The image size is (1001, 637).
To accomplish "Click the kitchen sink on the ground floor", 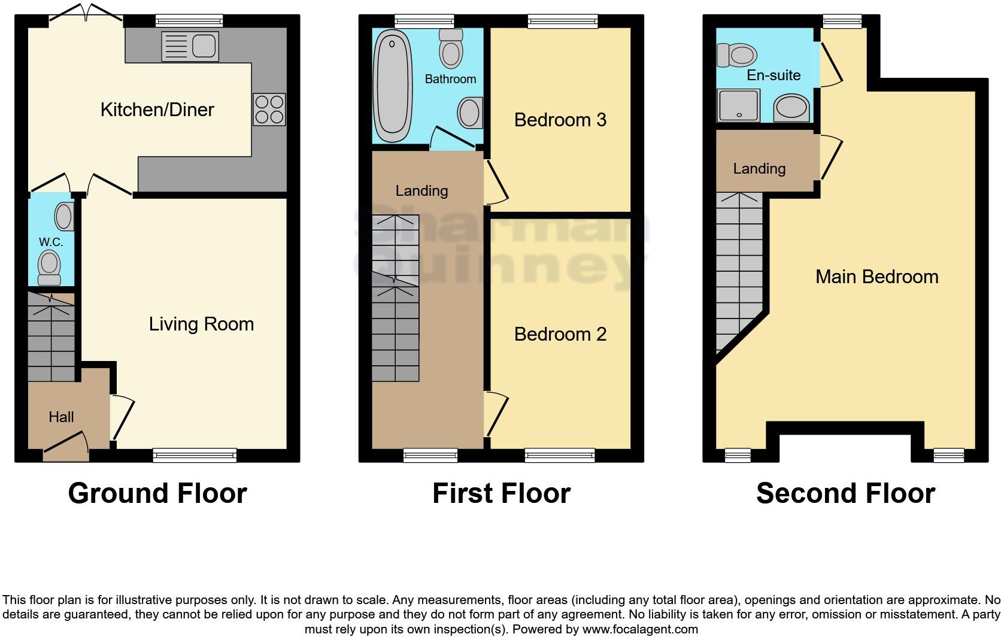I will pyautogui.click(x=190, y=46).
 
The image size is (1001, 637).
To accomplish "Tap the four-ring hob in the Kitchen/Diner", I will pyautogui.click(x=269, y=110).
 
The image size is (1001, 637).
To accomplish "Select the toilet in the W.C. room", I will pyautogui.click(x=49, y=268).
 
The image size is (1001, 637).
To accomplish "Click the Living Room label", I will pyautogui.click(x=201, y=324).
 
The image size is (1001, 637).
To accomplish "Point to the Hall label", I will pyautogui.click(x=61, y=417).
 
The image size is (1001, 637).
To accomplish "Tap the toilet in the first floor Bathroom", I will pyautogui.click(x=451, y=48).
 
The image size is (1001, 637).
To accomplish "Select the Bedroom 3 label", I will pyautogui.click(x=560, y=120).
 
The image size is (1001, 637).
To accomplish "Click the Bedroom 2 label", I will pyautogui.click(x=560, y=334).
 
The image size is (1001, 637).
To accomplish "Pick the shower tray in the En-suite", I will pyautogui.click(x=738, y=105).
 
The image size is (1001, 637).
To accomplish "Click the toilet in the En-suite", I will pyautogui.click(x=737, y=56).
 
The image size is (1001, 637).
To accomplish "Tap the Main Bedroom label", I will pyautogui.click(x=876, y=277).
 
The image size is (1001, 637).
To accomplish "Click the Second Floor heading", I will pyautogui.click(x=845, y=493).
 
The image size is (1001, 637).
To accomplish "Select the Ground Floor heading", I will pyautogui.click(x=157, y=493).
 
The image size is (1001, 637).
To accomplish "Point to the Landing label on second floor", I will pyautogui.click(x=759, y=169).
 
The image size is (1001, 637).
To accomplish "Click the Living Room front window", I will pyautogui.click(x=195, y=456).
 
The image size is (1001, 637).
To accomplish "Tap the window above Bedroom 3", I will pyautogui.click(x=562, y=22).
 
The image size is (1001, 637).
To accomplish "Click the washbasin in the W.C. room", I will pyautogui.click(x=65, y=217).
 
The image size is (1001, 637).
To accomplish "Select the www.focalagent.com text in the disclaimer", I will pyautogui.click(x=640, y=629).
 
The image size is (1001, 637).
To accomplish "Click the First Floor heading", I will pyautogui.click(x=501, y=493).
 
